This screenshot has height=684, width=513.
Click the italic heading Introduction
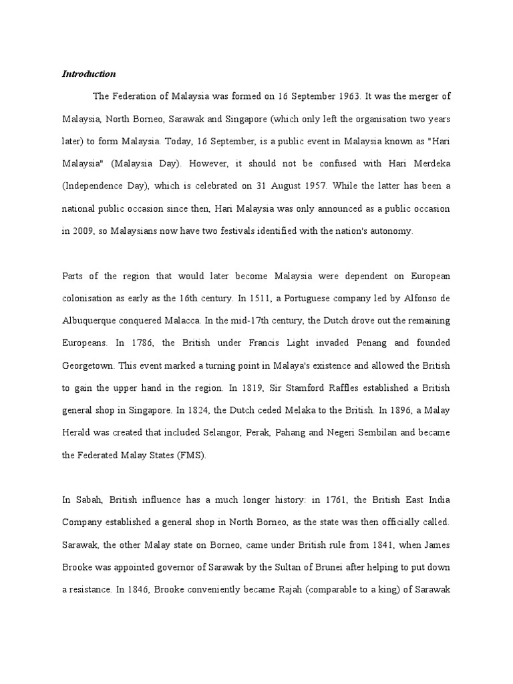[x=89, y=73]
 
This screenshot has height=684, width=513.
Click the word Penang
[x=369, y=343]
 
